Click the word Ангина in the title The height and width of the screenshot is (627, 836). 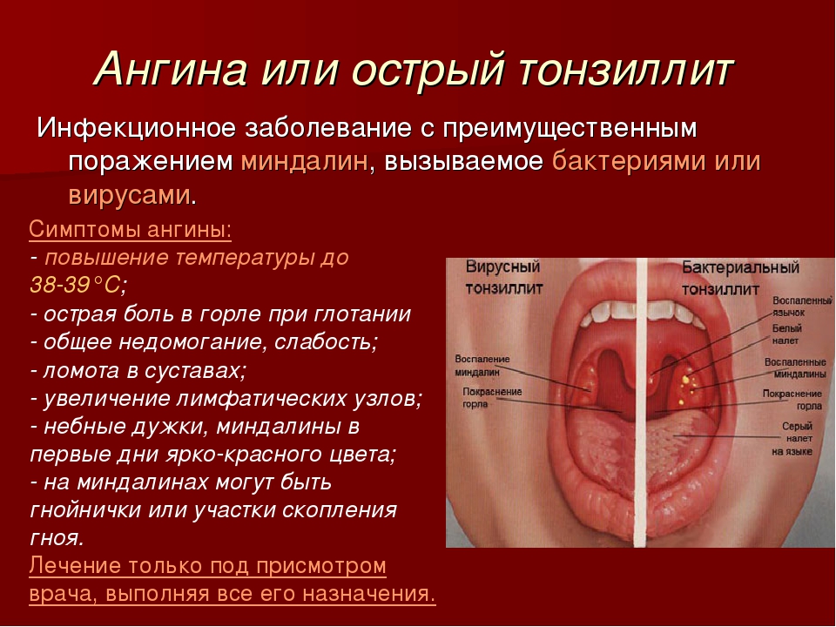pyautogui.click(x=172, y=70)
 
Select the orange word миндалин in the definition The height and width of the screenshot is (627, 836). pyautogui.click(x=304, y=162)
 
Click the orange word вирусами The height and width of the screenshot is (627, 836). pyautogui.click(x=130, y=196)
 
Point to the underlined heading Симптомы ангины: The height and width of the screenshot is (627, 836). pyautogui.click(x=130, y=230)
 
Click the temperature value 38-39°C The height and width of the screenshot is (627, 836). pyautogui.click(x=76, y=286)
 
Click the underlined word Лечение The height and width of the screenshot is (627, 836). pyautogui.click(x=76, y=566)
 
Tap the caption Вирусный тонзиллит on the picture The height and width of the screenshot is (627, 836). pyautogui.click(x=503, y=277)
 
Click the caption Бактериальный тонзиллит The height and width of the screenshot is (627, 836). pyautogui.click(x=740, y=278)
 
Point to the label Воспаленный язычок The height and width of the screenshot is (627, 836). pyautogui.click(x=802, y=307)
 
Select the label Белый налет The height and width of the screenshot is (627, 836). pyautogui.click(x=787, y=334)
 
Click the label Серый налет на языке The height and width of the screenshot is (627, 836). pyautogui.click(x=792, y=439)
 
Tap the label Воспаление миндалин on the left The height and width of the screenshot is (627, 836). pyautogui.click(x=482, y=366)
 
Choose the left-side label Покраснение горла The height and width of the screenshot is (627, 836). pyautogui.click(x=491, y=398)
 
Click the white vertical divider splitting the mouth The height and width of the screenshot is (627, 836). pyautogui.click(x=641, y=402)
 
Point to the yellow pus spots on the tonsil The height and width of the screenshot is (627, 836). pyautogui.click(x=688, y=386)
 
